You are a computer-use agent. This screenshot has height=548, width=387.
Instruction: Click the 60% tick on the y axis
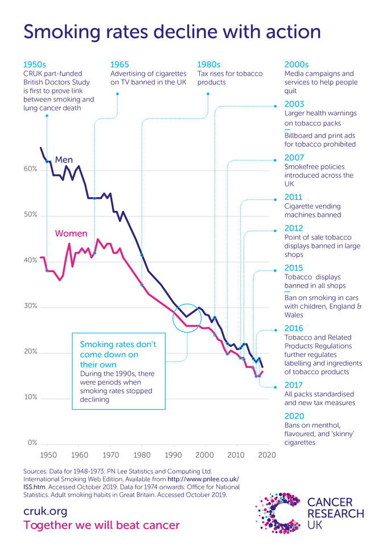(x=31, y=169)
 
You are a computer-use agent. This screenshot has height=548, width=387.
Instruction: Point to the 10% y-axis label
(x=31, y=397)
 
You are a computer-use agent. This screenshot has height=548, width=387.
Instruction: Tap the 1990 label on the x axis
(x=173, y=455)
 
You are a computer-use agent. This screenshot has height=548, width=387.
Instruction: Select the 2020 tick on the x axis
(x=267, y=455)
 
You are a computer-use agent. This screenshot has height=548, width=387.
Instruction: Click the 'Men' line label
(x=64, y=160)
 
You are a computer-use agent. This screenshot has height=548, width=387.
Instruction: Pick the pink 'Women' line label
(x=71, y=234)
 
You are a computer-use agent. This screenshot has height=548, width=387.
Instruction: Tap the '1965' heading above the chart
(x=120, y=64)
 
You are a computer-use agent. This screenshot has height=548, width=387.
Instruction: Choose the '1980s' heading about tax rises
(x=209, y=64)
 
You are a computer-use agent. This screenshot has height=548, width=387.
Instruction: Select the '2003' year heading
(x=294, y=104)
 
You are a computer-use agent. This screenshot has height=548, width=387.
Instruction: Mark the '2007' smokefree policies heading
(x=294, y=158)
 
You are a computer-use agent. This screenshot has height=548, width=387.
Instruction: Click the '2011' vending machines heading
(x=294, y=198)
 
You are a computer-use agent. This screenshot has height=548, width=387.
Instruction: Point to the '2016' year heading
(x=294, y=329)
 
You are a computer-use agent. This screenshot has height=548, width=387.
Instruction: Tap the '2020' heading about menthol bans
(x=294, y=416)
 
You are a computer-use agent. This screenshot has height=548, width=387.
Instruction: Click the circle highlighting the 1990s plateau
(x=187, y=319)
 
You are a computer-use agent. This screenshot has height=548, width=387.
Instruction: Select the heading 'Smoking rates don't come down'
(x=118, y=354)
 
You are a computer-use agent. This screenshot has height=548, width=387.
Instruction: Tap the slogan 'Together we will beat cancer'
(x=101, y=525)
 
